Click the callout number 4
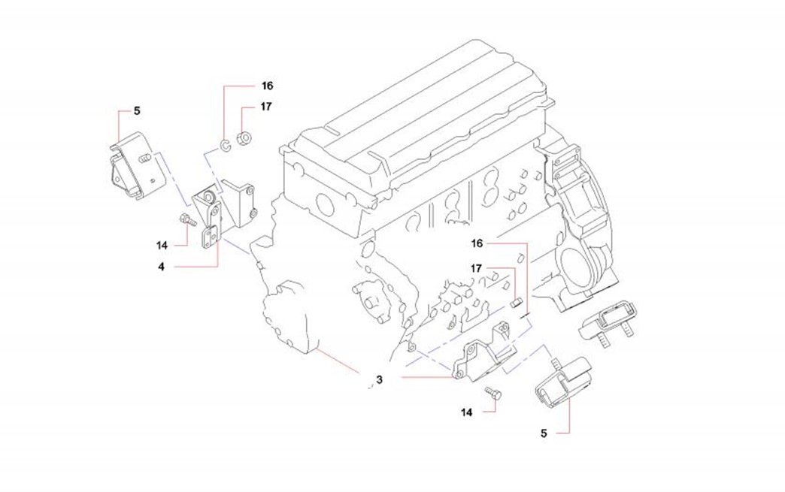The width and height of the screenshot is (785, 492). point(162,266)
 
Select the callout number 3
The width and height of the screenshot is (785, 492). point(380,381)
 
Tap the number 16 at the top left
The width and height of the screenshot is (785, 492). point(267,86)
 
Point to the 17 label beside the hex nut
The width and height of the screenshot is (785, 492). point(265,107)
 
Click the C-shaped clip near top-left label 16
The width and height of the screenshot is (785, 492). point(225,143)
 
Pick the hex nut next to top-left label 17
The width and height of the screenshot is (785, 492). point(244,138)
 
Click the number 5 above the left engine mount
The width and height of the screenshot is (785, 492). point(137,111)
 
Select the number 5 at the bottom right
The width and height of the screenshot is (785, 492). point(544,433)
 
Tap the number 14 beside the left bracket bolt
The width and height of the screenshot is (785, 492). point(162,245)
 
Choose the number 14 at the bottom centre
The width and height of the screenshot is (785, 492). point(468,412)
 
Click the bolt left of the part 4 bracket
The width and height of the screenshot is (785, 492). point(186,221)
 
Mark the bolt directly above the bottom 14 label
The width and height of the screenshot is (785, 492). point(492,393)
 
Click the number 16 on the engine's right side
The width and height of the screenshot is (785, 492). point(477,243)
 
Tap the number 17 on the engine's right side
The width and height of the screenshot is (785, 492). point(477,268)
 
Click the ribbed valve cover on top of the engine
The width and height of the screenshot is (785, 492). point(421,113)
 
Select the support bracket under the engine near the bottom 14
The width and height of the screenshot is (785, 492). point(481,359)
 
